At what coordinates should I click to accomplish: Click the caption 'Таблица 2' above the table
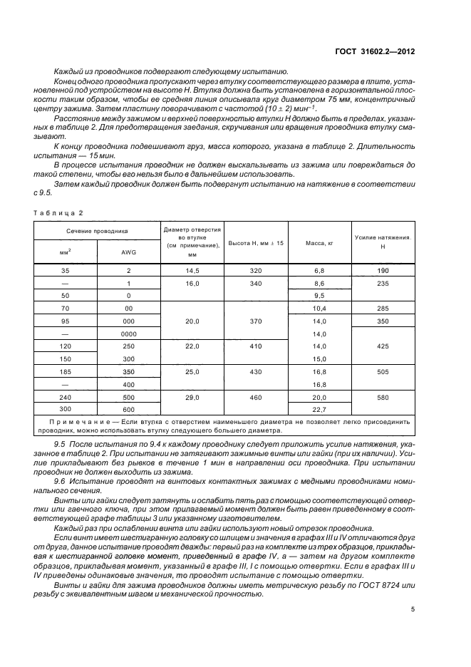coord(59,213)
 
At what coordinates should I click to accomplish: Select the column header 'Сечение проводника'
coord(97,231)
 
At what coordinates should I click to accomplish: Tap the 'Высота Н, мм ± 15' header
coord(255,243)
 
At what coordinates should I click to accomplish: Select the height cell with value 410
coord(256,346)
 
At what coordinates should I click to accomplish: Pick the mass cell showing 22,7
coord(319,409)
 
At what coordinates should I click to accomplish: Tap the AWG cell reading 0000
coord(128,333)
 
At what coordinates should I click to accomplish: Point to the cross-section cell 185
coord(66,371)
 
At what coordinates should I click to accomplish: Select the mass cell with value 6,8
coord(319,270)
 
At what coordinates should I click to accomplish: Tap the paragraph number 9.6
coord(61,482)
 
